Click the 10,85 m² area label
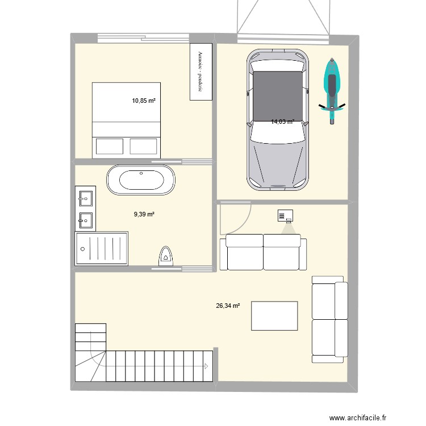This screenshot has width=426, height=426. pos(143,101)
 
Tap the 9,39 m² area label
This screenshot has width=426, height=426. pos(144,214)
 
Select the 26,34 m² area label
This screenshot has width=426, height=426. pos(227,306)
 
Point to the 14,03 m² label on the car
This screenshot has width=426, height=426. pos(282,122)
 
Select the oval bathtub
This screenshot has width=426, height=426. pos(141,181)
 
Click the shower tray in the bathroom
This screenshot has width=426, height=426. pos(101,248)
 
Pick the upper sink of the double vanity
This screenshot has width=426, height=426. pos(86,198)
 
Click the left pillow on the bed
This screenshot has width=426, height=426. pos(110,147)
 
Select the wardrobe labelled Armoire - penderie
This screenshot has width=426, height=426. pos(201,72)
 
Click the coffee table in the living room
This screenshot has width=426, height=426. pos(275,316)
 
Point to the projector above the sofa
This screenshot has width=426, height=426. pos(286,216)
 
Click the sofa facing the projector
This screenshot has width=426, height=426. pos(264,253)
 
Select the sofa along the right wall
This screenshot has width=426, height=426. pos(329,319)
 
